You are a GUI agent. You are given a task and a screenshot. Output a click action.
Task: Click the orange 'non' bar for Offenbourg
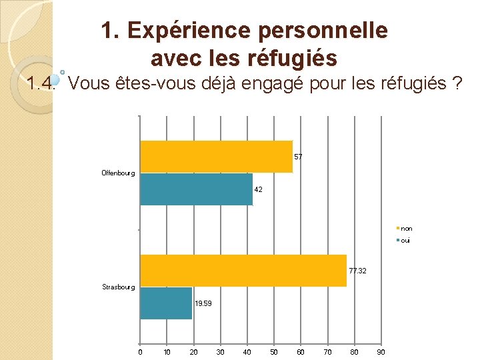coord(216,157)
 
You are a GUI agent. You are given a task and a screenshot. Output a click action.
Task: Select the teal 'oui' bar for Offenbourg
coord(196,189)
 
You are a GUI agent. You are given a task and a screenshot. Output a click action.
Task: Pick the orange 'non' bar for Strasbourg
coord(243,271)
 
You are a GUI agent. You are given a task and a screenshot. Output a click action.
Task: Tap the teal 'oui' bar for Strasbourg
coord(166,303)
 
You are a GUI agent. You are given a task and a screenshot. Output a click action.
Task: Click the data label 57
coord(298,157)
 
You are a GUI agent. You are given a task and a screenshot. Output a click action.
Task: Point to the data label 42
coord(259,190)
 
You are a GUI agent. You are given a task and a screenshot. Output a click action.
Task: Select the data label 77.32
coord(357,271)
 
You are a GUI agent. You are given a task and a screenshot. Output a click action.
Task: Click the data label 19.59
coord(203,304)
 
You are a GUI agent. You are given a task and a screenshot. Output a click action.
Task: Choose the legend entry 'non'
coord(406,229)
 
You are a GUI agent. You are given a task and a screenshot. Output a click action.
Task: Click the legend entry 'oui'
coord(405,240)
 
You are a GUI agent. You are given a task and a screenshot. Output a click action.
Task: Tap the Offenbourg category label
coord(118,173)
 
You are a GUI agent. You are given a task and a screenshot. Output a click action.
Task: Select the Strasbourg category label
coord(119,287)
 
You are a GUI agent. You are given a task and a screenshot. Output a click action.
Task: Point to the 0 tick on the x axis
coord(140,352)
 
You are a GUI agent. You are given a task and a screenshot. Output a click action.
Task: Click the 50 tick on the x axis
coord(273,352)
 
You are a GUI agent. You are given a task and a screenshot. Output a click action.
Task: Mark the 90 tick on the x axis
coord(381,352)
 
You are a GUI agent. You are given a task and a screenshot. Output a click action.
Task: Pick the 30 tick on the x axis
coord(220,352)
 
